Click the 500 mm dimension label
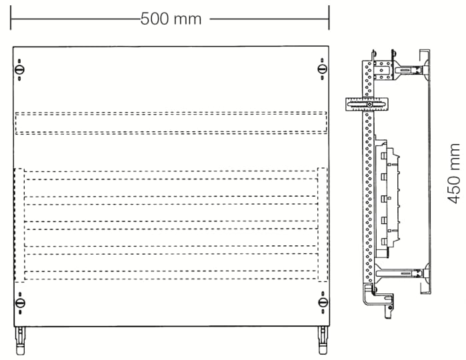(x=171, y=19)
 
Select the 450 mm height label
(x=454, y=174)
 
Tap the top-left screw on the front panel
(x=19, y=70)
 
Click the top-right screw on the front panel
(x=322, y=69)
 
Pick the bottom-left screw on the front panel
(x=20, y=303)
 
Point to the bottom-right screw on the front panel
(x=323, y=303)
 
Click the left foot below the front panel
(x=21, y=341)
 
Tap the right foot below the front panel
(x=323, y=341)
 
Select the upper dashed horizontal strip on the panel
(x=171, y=123)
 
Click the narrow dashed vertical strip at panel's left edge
(x=19, y=225)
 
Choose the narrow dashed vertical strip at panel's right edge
(x=323, y=225)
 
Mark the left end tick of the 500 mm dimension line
(x=11, y=18)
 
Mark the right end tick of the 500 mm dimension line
(x=329, y=18)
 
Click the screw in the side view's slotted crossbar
(x=369, y=105)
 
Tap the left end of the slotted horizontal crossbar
(x=346, y=105)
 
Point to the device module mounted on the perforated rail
(x=387, y=197)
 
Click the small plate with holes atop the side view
(x=383, y=71)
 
